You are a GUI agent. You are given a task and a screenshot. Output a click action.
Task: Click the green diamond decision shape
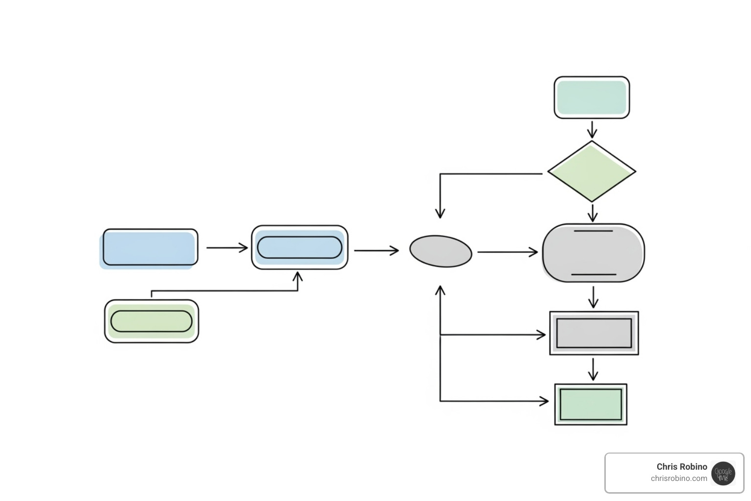click(592, 172)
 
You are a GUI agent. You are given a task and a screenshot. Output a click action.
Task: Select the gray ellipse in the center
click(441, 251)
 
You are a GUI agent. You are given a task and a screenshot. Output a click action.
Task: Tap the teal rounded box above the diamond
click(592, 97)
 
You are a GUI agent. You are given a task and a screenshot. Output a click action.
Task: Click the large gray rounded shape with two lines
click(593, 253)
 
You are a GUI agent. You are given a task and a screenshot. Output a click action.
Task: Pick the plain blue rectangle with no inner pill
click(150, 248)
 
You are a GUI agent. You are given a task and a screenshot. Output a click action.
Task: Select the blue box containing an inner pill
click(299, 248)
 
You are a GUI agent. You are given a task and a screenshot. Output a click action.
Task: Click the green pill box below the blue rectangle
click(152, 321)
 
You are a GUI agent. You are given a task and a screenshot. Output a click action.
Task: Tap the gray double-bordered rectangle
click(594, 333)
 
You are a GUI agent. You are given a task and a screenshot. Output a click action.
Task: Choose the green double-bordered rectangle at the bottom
click(591, 405)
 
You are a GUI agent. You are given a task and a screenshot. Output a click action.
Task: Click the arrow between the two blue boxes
click(227, 248)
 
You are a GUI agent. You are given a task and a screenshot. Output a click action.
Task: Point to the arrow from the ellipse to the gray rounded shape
click(507, 252)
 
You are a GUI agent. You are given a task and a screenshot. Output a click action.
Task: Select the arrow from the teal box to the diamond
click(592, 130)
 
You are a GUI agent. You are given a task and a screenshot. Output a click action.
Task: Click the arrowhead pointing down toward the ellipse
click(440, 213)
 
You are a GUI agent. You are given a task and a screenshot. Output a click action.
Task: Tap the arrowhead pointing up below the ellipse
click(440, 291)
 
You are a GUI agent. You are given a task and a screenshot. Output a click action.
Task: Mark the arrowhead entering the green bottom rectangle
click(544, 401)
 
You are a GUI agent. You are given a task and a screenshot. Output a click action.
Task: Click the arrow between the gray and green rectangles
click(593, 369)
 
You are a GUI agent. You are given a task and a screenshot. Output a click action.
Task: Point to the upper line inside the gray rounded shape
click(593, 231)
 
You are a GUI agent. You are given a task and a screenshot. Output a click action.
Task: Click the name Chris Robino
click(682, 467)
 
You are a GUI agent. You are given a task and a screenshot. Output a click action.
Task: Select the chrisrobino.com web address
click(679, 478)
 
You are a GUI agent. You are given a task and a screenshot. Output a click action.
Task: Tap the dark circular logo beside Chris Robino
click(723, 473)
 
